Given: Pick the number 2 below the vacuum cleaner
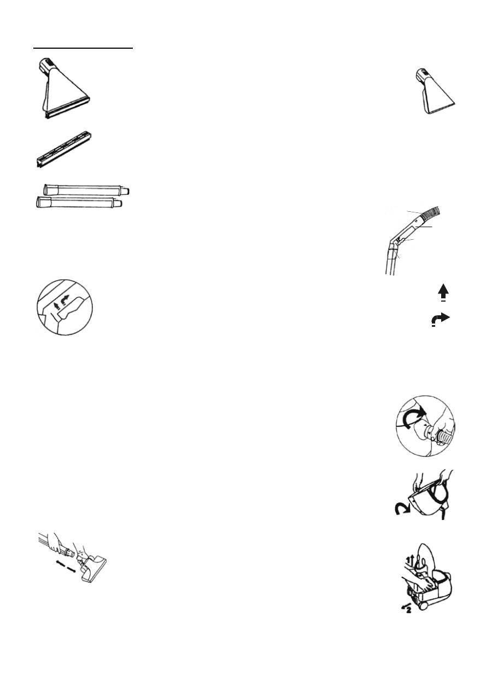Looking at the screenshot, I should [407, 610].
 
